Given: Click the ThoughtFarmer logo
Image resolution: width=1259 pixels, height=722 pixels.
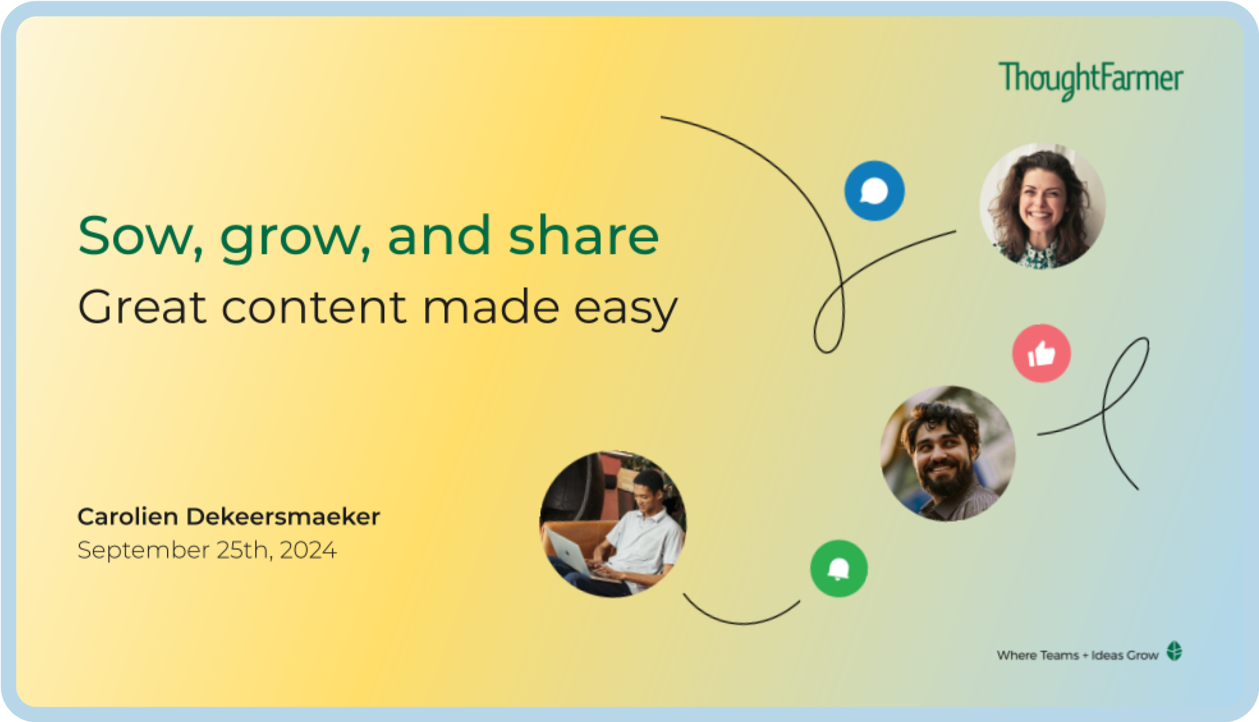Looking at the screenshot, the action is (1091, 81).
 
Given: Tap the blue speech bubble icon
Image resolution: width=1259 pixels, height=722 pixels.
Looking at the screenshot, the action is (874, 191).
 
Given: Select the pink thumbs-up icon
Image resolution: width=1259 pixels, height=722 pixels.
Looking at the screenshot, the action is (1041, 353).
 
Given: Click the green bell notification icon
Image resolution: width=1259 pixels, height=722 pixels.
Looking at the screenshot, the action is (839, 569).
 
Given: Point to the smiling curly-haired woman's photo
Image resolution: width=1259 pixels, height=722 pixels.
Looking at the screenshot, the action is (1042, 206).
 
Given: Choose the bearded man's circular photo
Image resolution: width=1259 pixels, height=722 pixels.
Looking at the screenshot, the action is (948, 453).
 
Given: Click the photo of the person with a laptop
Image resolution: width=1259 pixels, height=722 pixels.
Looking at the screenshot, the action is (613, 524).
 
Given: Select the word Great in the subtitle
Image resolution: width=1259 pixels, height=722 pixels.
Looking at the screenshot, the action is (142, 307).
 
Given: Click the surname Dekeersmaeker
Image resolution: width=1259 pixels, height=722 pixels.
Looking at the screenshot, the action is (283, 517).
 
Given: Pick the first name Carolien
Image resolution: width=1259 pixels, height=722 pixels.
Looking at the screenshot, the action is (128, 517).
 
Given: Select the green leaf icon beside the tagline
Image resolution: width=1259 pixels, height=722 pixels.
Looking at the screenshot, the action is (1175, 652).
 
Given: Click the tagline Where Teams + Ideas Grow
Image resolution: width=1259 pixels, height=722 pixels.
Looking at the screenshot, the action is (1077, 655).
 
